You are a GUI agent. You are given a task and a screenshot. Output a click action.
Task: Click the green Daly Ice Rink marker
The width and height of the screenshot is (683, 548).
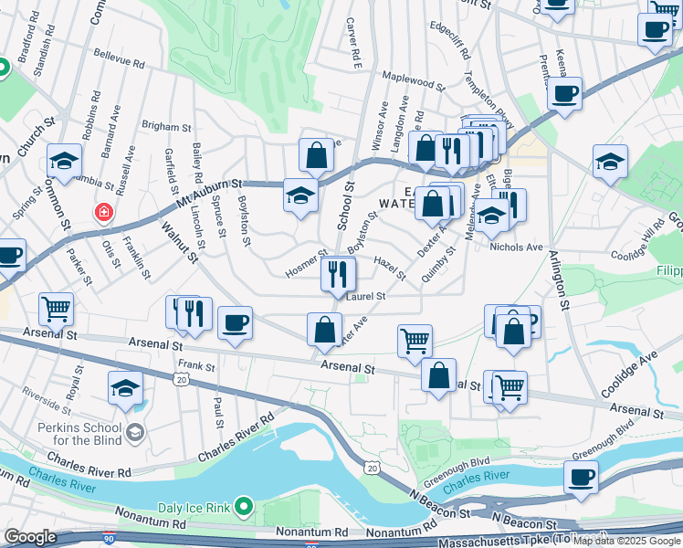click(x=244, y=504)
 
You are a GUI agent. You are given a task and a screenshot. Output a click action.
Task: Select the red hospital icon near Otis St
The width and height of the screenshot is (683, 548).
click(x=103, y=213)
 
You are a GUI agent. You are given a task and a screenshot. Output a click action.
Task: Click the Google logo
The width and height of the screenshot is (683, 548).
click(x=31, y=537)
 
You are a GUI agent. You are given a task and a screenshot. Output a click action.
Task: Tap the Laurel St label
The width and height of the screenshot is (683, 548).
click(x=366, y=296)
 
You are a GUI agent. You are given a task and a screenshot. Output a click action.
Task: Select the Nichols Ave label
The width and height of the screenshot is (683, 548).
click(x=516, y=247)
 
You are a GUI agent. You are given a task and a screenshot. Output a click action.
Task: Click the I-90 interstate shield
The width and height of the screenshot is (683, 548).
click(x=110, y=540)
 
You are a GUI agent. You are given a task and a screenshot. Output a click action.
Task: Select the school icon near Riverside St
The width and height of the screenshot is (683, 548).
click(x=125, y=388)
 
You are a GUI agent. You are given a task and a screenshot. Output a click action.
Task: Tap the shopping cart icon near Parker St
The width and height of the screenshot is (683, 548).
click(x=57, y=310)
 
